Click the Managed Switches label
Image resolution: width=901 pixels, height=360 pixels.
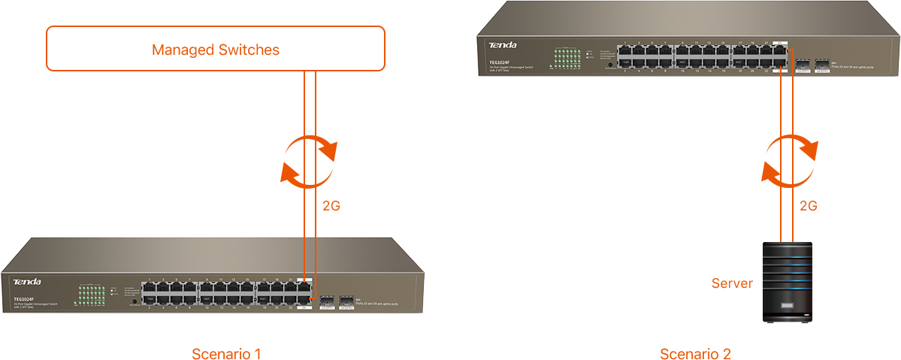[x=216, y=50]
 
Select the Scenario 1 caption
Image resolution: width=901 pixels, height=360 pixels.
[x=226, y=353]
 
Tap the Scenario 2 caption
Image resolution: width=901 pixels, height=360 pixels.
[x=695, y=353]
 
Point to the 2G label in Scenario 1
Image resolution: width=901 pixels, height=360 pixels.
[x=331, y=205]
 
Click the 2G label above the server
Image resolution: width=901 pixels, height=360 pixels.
[x=808, y=205]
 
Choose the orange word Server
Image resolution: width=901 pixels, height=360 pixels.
[x=732, y=283]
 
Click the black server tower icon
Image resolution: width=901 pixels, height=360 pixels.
[x=787, y=282]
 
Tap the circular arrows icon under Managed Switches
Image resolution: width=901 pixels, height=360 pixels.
[x=308, y=160]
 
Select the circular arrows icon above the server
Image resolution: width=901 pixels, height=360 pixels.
[x=788, y=160]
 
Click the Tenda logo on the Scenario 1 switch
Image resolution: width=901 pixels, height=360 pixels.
[x=27, y=282]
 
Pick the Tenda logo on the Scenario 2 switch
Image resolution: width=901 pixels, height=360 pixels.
[x=503, y=46]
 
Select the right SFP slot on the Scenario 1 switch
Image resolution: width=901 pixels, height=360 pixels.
[x=346, y=301]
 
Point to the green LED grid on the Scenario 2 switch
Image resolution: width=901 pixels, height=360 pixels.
[x=565, y=60]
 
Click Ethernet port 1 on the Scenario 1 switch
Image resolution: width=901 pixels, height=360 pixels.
[x=151, y=286]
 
